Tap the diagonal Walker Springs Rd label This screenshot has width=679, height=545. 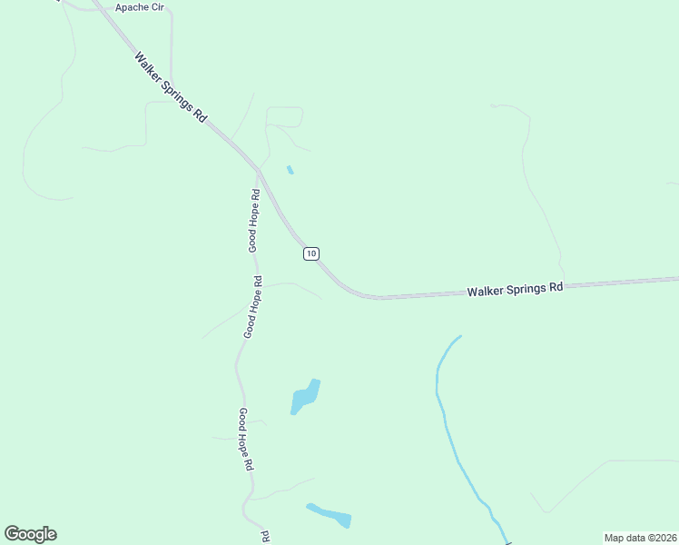click(172, 87)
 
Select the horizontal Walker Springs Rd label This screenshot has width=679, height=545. click(515, 289)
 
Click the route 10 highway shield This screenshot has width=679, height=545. click(311, 253)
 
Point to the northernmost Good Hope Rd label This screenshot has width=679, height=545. click(255, 219)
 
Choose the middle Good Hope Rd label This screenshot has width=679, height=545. click(252, 307)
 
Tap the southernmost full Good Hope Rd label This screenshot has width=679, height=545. click(245, 439)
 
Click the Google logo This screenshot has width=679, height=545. click(30, 534)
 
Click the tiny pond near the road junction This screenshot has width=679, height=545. click(290, 170)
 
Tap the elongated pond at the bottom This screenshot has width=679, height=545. click(329, 515)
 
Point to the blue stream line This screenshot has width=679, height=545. click(447, 418)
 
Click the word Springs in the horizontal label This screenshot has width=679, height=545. click(526, 288)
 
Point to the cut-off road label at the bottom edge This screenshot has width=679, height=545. click(266, 537)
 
